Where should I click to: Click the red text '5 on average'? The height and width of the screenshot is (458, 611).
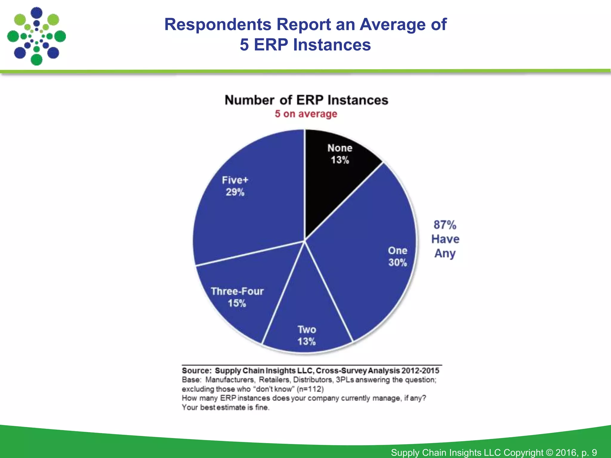click(306, 114)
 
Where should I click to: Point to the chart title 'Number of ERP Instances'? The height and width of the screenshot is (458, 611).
click(306, 100)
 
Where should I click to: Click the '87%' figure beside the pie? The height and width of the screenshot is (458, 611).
click(445, 225)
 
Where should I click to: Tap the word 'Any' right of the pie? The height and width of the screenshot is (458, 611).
click(445, 253)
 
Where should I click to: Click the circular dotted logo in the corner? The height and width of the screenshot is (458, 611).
click(36, 36)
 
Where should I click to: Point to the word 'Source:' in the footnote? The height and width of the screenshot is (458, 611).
click(197, 371)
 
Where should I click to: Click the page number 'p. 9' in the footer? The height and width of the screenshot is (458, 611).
click(589, 452)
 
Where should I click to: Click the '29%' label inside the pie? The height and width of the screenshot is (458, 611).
click(235, 192)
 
